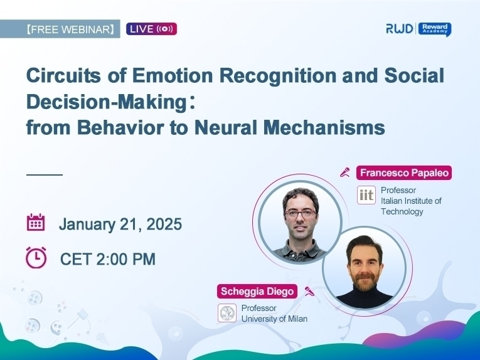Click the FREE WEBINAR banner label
click(60, 29)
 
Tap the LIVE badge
click(152, 29)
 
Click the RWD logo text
click(400, 29)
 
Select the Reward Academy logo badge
click(435, 29)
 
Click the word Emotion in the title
click(173, 75)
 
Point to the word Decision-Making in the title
click(107, 102)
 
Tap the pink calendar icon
click(36, 223)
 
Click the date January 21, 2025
click(120, 224)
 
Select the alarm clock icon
click(36, 258)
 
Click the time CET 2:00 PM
click(108, 259)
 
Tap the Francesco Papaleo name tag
click(404, 173)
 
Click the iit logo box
click(366, 195)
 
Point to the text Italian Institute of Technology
click(411, 206)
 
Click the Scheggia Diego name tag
click(257, 291)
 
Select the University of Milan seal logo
click(227, 313)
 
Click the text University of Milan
click(274, 319)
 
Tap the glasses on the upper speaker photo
click(300, 214)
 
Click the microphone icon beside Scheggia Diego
click(309, 291)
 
